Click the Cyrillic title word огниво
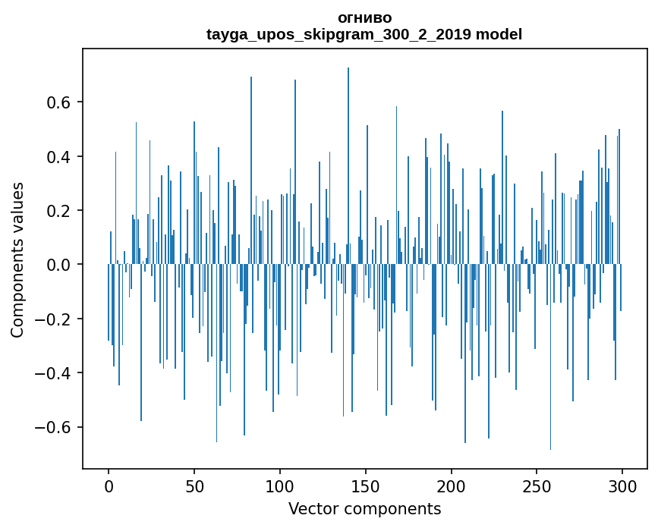click(364, 17)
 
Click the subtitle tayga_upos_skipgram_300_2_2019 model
click(364, 34)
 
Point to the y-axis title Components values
click(17, 259)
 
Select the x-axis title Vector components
click(364, 508)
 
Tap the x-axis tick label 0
click(109, 486)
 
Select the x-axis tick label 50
click(194, 486)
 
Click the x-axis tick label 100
click(280, 486)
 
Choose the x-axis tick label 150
click(366, 486)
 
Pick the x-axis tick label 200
click(452, 486)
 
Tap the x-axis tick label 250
click(537, 486)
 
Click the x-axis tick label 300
click(623, 486)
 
